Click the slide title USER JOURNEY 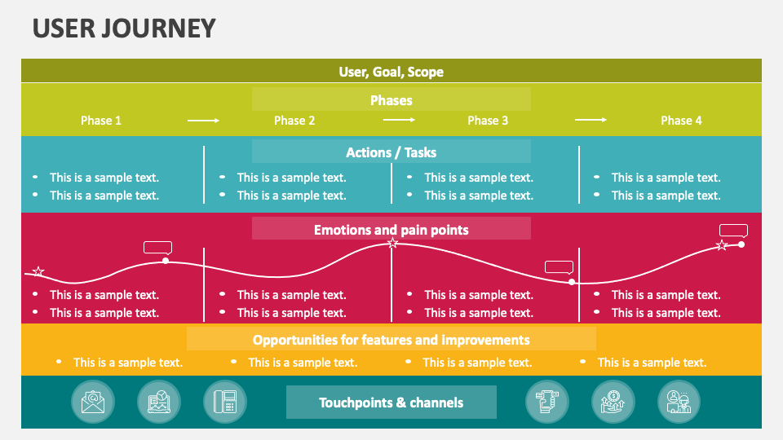(x=124, y=29)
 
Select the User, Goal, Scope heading (x=391, y=72)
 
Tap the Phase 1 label (x=101, y=121)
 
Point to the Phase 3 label (x=488, y=121)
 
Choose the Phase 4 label (x=681, y=121)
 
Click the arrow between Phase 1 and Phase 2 (x=203, y=121)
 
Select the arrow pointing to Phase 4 (x=591, y=121)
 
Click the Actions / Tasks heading (x=391, y=152)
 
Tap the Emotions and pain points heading (x=391, y=230)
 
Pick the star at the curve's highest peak (x=392, y=243)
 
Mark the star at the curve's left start (x=38, y=271)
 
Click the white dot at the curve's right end (x=741, y=244)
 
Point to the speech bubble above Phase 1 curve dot (x=157, y=248)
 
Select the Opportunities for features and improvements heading (x=391, y=340)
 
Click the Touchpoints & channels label (x=391, y=403)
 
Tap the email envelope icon (x=93, y=403)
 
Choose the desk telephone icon (x=225, y=403)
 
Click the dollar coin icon (x=613, y=403)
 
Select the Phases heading (x=391, y=100)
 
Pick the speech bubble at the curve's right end (x=733, y=231)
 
